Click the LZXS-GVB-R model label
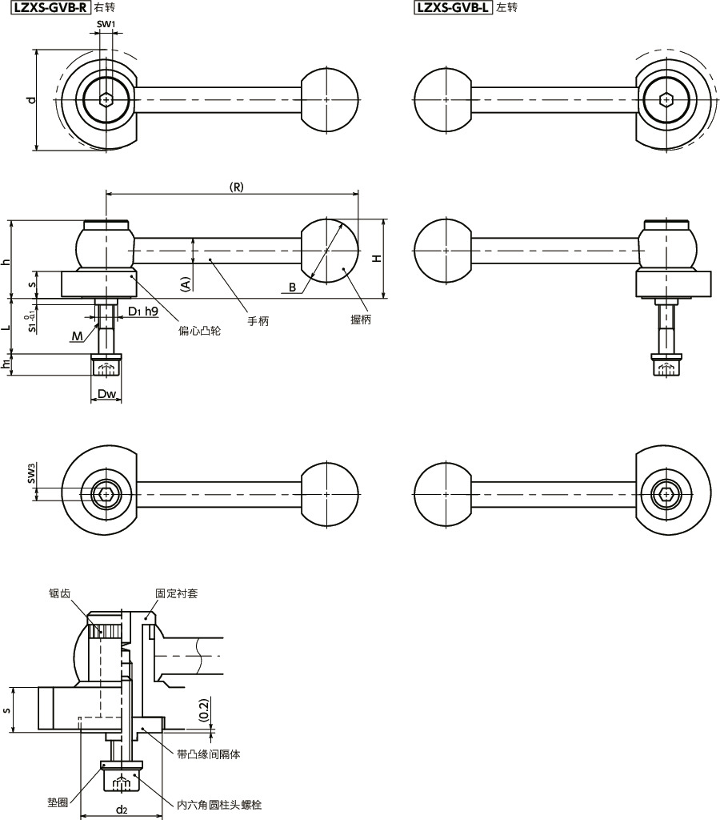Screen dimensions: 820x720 pyautogui.click(x=49, y=9)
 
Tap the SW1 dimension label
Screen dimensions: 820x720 pyautogui.click(x=106, y=25)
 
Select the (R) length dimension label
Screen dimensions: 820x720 pyautogui.click(x=236, y=187)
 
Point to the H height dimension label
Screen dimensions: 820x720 pyautogui.click(x=377, y=258)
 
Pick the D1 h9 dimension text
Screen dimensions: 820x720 pyautogui.click(x=142, y=310)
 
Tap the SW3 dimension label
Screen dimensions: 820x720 pyautogui.click(x=31, y=475)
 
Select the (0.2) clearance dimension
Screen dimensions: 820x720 pyautogui.click(x=203, y=708)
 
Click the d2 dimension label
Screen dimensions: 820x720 pyautogui.click(x=121, y=810)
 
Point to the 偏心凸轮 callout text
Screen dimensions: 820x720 pyautogui.click(x=199, y=330)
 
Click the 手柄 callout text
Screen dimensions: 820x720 pyautogui.click(x=258, y=320)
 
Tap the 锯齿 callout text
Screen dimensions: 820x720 pyautogui.click(x=59, y=593)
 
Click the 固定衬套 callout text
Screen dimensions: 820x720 pyautogui.click(x=177, y=593)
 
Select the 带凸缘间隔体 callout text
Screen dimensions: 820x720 pyautogui.click(x=209, y=754)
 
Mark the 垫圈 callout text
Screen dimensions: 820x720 pyautogui.click(x=57, y=802)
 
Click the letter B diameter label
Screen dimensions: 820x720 pyautogui.click(x=293, y=286)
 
